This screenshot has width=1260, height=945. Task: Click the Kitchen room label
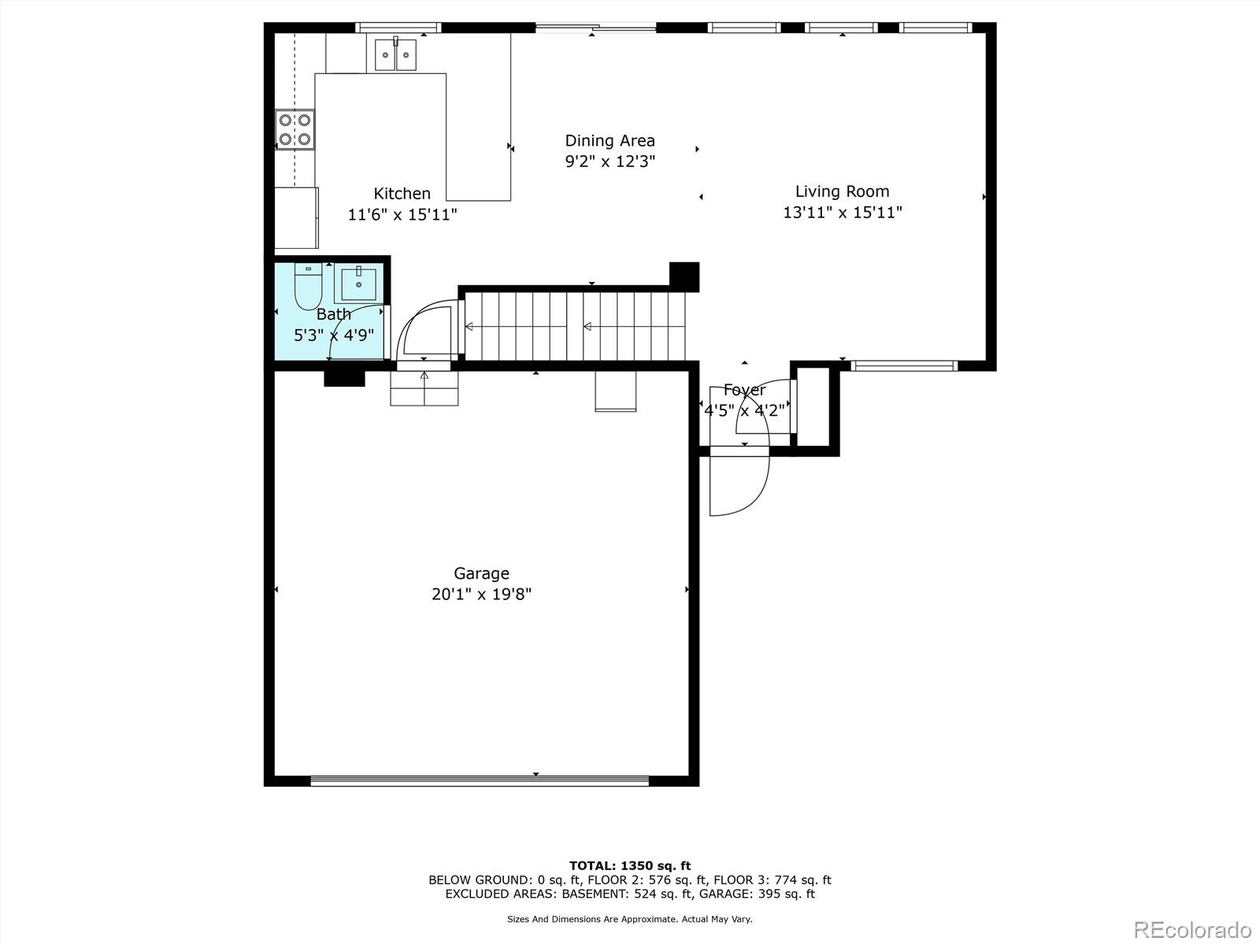pyautogui.click(x=402, y=194)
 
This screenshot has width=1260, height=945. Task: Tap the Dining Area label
pyautogui.click(x=610, y=141)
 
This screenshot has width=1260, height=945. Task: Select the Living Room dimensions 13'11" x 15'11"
pyautogui.click(x=842, y=213)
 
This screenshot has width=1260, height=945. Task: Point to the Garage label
pyautogui.click(x=481, y=573)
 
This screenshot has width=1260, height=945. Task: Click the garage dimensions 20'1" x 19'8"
pyautogui.click(x=481, y=595)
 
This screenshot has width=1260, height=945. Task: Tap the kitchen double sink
pyautogui.click(x=395, y=54)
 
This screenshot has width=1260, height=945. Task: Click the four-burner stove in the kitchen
pyautogui.click(x=295, y=130)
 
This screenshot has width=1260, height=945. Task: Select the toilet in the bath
pyautogui.click(x=308, y=288)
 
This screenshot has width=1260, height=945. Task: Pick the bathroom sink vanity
pyautogui.click(x=359, y=284)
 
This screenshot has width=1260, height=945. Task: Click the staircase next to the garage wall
pyautogui.click(x=575, y=326)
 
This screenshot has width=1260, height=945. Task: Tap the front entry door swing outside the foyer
pyautogui.click(x=738, y=484)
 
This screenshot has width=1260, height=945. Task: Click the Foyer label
pyautogui.click(x=744, y=390)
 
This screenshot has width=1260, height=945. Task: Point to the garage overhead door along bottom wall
pyautogui.click(x=480, y=780)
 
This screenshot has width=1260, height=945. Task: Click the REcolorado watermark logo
pyautogui.click(x=1192, y=929)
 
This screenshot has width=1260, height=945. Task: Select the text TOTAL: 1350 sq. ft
pyautogui.click(x=630, y=865)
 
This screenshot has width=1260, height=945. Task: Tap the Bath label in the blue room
pyautogui.click(x=334, y=314)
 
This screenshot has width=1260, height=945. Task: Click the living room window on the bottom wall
pyautogui.click(x=905, y=365)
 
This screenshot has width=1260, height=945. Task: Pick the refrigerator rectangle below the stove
pyautogui.click(x=296, y=217)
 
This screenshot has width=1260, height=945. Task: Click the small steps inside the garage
pyautogui.click(x=424, y=387)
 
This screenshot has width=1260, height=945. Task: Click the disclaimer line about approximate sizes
pyautogui.click(x=630, y=919)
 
